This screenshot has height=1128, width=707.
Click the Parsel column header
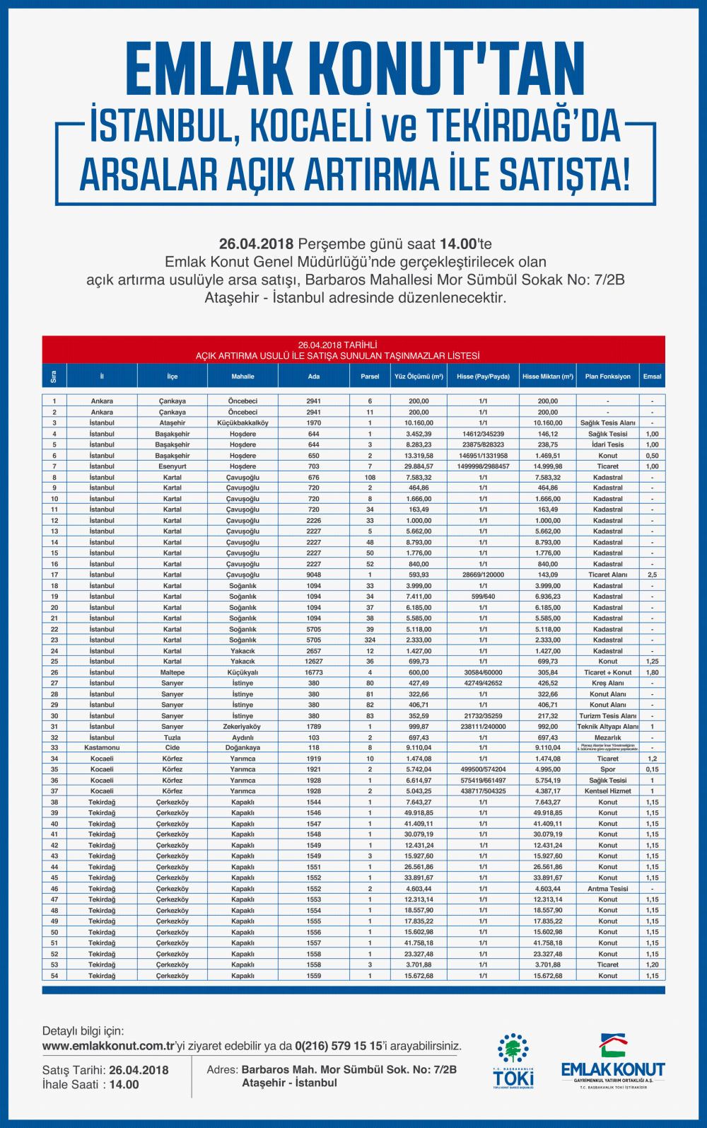tap(370, 376)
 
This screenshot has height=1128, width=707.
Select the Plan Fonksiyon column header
tap(607, 376)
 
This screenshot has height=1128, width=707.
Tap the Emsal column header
tap(652, 376)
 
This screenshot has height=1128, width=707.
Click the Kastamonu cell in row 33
tap(102, 747)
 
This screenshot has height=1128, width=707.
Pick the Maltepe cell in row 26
tap(172, 672)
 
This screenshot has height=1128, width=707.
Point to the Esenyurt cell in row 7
tap(172, 466)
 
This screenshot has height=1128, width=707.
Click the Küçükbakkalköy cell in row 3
tap(243, 422)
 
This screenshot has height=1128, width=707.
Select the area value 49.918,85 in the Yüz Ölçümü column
tap(419, 812)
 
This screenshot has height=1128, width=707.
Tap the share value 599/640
tap(483, 597)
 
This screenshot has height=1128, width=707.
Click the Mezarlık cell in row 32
tap(607, 737)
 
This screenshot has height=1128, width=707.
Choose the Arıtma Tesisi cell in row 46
tap(607, 889)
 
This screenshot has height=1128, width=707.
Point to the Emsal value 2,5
tap(652, 575)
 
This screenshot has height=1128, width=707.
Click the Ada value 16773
tap(313, 672)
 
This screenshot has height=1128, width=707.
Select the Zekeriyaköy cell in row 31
tap(243, 727)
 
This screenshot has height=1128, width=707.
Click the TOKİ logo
tap(513, 1061)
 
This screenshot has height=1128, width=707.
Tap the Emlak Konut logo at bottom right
tap(613, 1061)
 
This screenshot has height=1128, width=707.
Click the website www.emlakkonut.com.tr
tap(108, 1046)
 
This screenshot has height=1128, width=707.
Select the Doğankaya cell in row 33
tap(243, 747)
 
